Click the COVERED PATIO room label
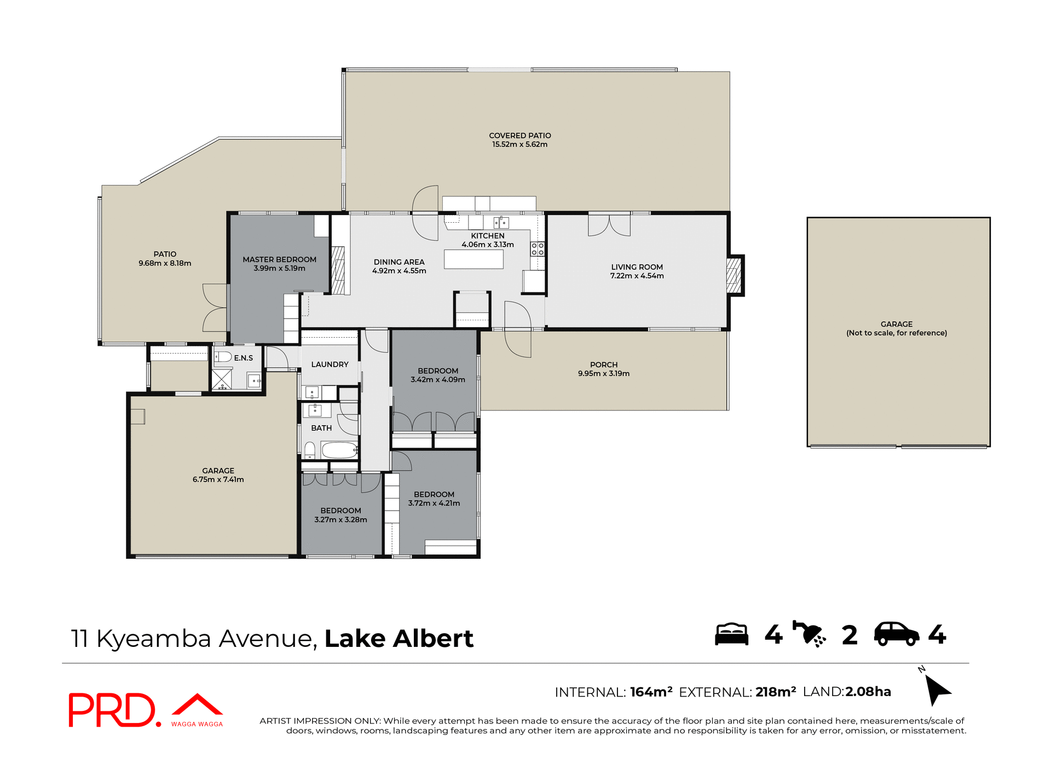(x=519, y=135)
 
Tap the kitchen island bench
(x=473, y=259)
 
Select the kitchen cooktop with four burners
(x=537, y=250)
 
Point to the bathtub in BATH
(x=339, y=450)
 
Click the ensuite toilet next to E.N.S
(x=223, y=357)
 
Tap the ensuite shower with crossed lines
(x=222, y=379)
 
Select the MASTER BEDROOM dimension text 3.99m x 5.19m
(x=279, y=268)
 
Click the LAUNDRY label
(x=330, y=364)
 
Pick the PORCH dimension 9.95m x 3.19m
(x=603, y=374)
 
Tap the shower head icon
(x=810, y=634)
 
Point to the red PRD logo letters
(x=112, y=710)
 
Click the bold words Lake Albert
(x=399, y=639)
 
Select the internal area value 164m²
(x=651, y=692)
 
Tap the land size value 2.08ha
(x=868, y=692)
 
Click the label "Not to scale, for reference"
(x=896, y=333)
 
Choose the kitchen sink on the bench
(x=501, y=222)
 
